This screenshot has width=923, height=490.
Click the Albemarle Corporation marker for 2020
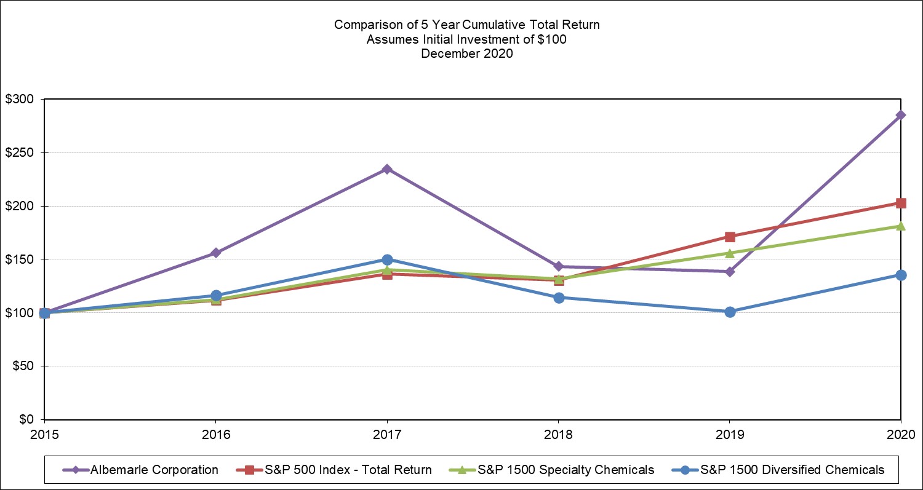click(901, 115)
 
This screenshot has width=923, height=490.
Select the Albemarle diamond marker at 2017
click(387, 169)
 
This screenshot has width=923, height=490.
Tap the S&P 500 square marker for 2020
click(901, 203)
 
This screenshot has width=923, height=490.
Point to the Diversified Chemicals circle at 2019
click(730, 312)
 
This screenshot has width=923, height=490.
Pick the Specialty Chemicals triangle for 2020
click(901, 226)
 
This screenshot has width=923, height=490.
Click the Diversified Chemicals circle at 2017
click(387, 259)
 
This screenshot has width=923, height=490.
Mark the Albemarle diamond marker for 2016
click(216, 253)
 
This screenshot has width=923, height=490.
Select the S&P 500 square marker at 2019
click(730, 237)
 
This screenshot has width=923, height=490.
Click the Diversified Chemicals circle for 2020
click(901, 275)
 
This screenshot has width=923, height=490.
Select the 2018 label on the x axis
click(558, 433)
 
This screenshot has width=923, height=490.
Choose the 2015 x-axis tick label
click(44, 433)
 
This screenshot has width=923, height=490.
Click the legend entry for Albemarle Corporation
click(154, 470)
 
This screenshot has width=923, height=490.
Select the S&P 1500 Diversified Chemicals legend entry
click(792, 470)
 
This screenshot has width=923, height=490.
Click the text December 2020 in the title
click(466, 53)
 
